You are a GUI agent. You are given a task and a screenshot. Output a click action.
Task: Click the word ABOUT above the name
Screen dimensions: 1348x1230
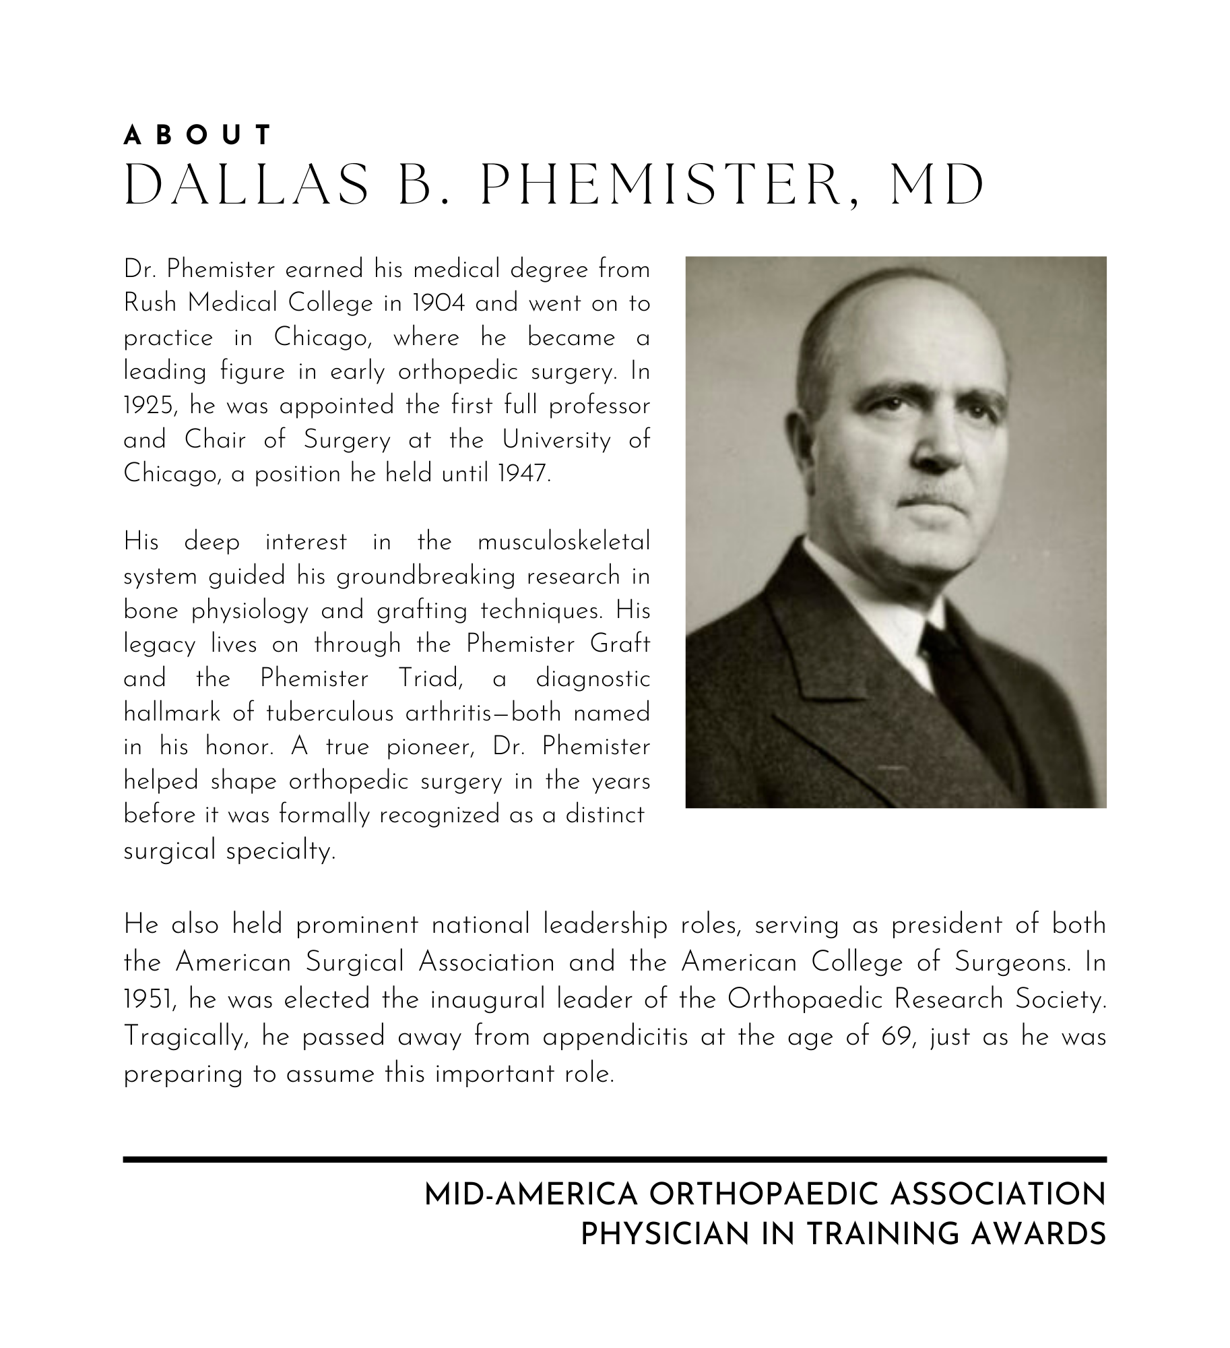[x=197, y=135]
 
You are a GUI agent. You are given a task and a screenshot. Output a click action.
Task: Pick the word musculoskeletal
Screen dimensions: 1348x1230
[x=564, y=542]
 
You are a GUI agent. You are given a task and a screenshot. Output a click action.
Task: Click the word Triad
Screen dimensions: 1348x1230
[x=428, y=679]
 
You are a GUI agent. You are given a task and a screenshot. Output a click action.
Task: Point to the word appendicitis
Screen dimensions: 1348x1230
[x=615, y=1037]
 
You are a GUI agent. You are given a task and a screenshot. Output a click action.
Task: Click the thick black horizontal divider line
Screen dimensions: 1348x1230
[x=614, y=1159]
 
